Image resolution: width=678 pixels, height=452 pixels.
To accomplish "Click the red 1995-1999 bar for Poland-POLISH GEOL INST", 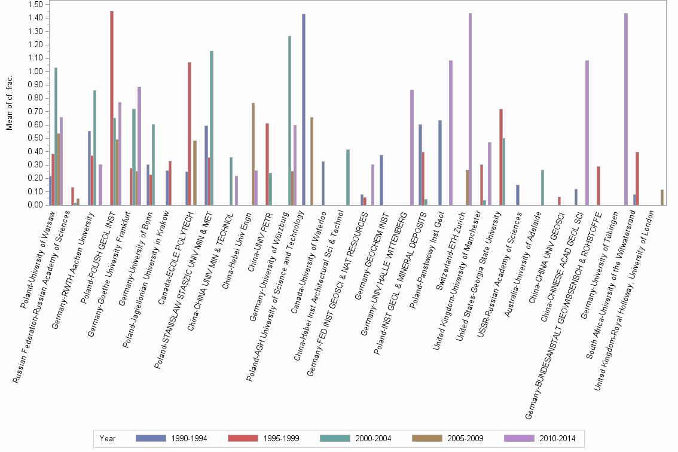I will click(x=112, y=108).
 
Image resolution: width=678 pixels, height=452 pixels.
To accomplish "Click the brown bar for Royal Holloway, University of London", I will click(x=662, y=197).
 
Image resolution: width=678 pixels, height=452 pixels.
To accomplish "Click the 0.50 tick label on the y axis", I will click(x=35, y=138).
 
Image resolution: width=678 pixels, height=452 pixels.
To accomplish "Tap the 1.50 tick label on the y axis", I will click(x=35, y=4).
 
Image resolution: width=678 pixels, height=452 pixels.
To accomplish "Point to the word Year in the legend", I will click(x=108, y=438).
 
